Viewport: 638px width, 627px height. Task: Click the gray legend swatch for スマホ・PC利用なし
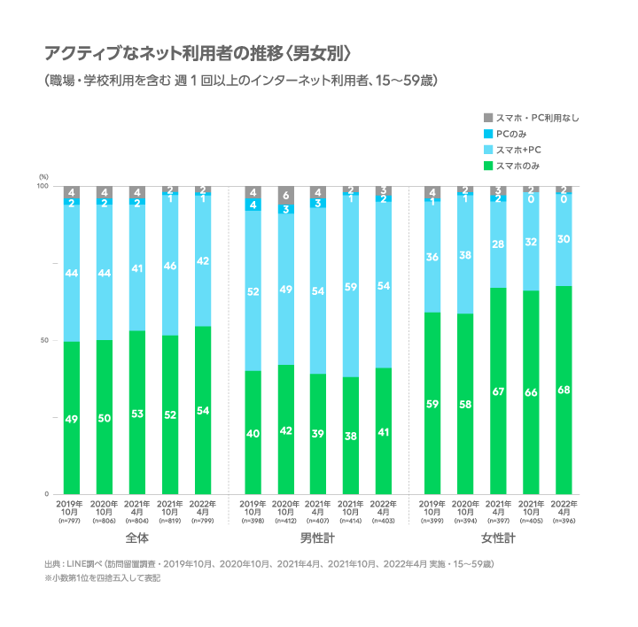coord(487,118)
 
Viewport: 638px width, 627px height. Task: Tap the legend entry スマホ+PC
coord(517,150)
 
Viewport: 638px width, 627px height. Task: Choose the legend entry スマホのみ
coord(517,166)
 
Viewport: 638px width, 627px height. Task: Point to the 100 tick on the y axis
coord(42,187)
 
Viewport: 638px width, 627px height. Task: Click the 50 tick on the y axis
coord(43,340)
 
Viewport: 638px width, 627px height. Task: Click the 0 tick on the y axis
coord(45,493)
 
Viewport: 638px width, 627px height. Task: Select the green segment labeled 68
coord(564,390)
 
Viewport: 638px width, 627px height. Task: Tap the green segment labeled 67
coord(498,391)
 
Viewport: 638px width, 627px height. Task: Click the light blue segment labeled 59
coord(351,286)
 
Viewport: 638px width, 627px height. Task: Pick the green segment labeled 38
coord(351,435)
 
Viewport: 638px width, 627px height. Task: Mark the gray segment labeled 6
coord(286,196)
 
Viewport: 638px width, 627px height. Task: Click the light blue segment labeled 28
coord(498,244)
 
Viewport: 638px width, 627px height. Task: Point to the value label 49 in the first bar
coord(72,418)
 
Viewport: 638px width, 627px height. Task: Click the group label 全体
coord(136,538)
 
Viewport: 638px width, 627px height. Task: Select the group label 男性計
coord(318,538)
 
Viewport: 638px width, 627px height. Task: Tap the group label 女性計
coord(498,538)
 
